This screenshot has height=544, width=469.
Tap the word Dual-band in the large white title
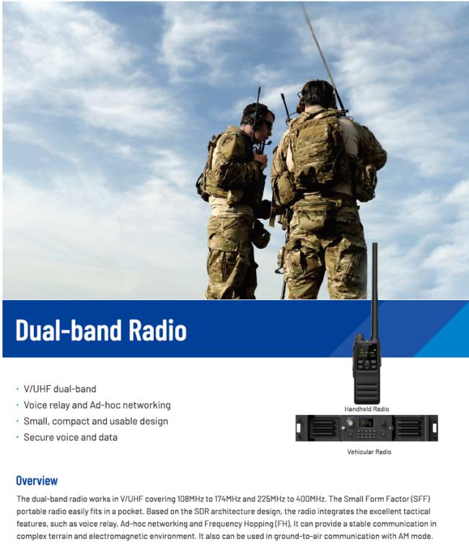[69, 330]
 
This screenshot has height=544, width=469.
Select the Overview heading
[37, 481]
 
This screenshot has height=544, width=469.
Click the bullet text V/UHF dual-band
[60, 389]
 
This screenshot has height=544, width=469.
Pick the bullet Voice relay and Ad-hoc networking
[97, 405]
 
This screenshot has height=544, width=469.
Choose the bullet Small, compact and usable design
[96, 421]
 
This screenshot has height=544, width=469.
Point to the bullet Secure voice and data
[71, 437]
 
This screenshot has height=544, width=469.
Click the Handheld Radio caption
[367, 409]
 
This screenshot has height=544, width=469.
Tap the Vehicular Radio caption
[369, 452]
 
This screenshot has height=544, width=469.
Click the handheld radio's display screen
[367, 351]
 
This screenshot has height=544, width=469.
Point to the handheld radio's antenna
[374, 291]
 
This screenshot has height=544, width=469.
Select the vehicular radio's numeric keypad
[367, 434]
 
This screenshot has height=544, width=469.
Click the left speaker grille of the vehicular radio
[322, 428]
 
